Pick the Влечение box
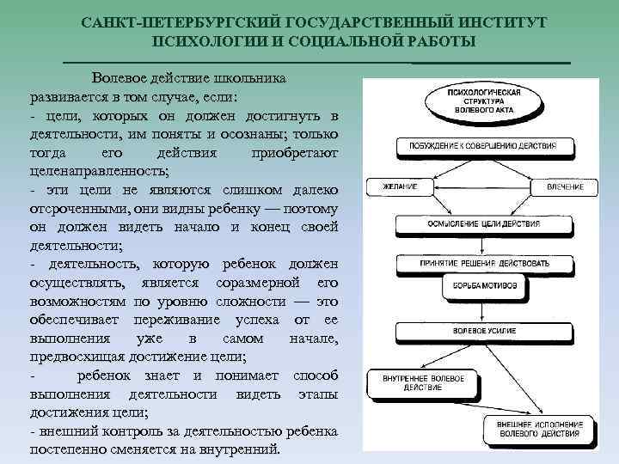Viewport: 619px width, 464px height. pos(564,186)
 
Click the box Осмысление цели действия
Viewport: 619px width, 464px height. pos(480,224)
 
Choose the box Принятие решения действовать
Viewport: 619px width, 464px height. pos(480,261)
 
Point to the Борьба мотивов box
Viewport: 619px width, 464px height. pos(480,288)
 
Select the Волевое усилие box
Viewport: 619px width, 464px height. pos(480,330)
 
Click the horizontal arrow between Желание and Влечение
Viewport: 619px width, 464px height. pos(480,186)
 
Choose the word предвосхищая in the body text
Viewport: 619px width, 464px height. pos(81,357)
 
